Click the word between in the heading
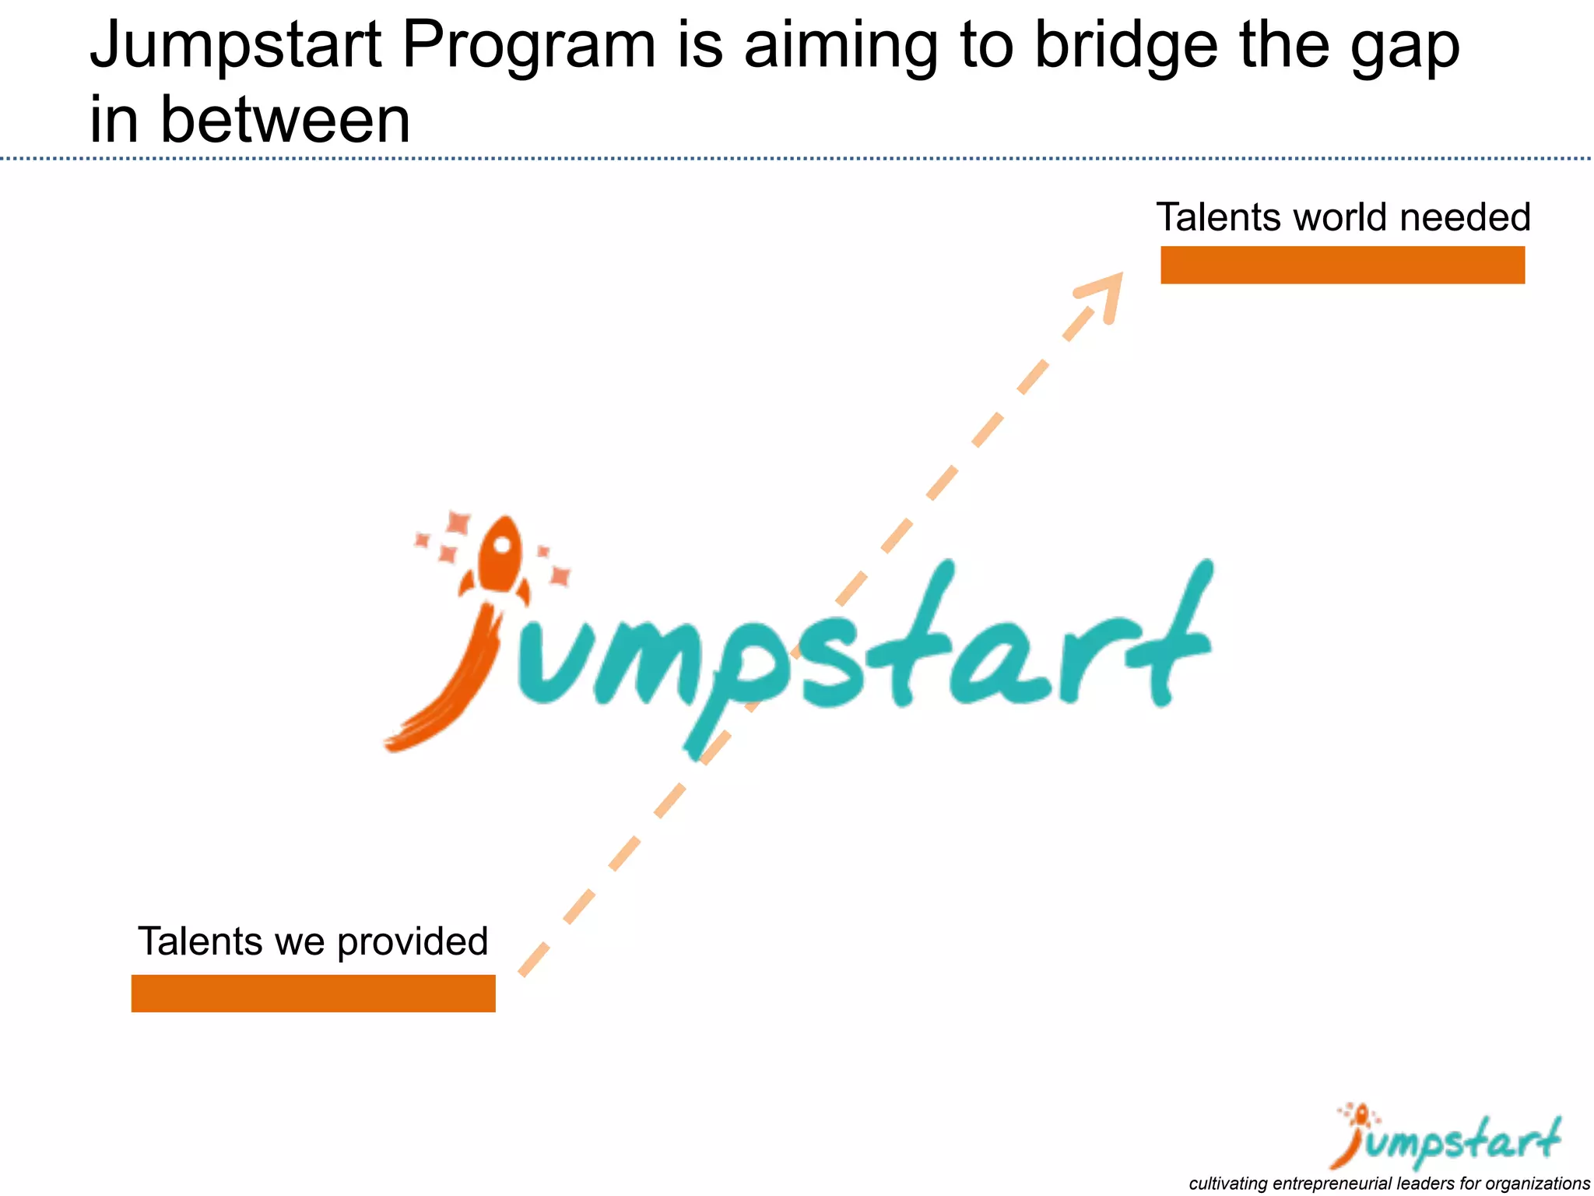(285, 121)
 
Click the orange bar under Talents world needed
(1342, 265)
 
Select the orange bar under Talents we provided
(313, 993)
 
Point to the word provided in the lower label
(413, 942)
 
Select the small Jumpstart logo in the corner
(1448, 1137)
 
